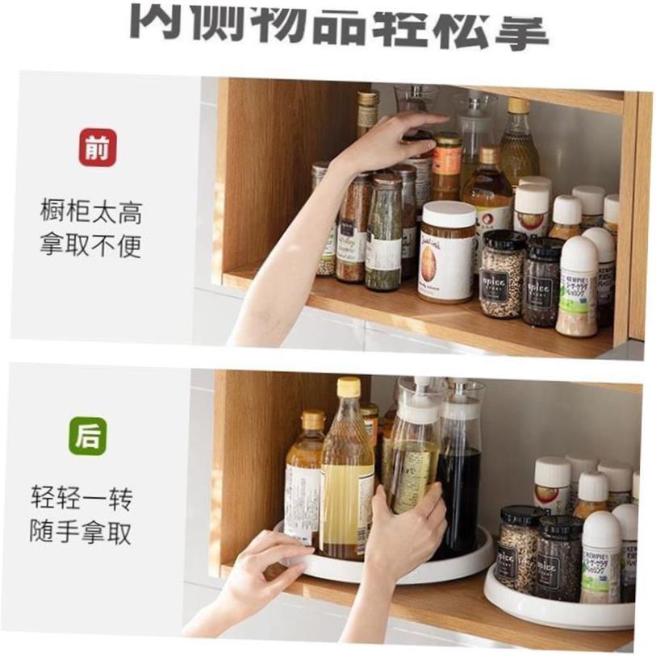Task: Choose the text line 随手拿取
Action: [81, 532]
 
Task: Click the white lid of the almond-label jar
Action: [449, 215]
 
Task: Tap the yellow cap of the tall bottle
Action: [349, 386]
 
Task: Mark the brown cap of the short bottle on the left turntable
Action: [312, 420]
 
